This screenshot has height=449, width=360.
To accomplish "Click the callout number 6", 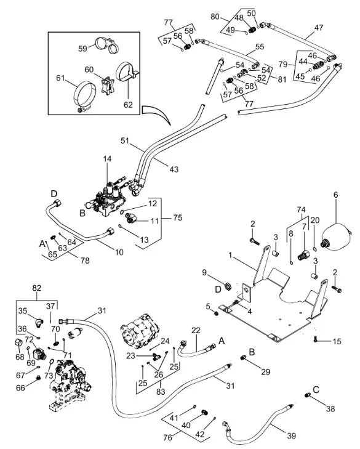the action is tap(335, 195).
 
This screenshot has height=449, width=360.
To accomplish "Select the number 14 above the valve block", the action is tap(107, 159).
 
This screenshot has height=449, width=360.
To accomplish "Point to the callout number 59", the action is tap(82, 49).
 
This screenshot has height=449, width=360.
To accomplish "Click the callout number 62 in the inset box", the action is tap(128, 105).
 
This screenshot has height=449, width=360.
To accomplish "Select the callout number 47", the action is tap(319, 28).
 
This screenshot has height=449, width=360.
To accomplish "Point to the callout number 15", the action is tap(337, 341).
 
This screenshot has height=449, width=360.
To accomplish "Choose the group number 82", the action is tap(37, 288).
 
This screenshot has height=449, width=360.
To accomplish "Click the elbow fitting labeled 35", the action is tap(38, 322).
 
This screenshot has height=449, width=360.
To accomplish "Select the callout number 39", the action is tap(291, 436).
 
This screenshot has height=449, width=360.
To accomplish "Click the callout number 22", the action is tap(196, 330).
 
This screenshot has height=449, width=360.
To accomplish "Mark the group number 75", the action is tap(178, 217).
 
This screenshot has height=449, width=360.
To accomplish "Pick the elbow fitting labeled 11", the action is tap(131, 219).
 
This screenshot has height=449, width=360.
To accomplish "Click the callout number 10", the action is tap(119, 252).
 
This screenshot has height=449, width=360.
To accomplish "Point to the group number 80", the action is tap(215, 17).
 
